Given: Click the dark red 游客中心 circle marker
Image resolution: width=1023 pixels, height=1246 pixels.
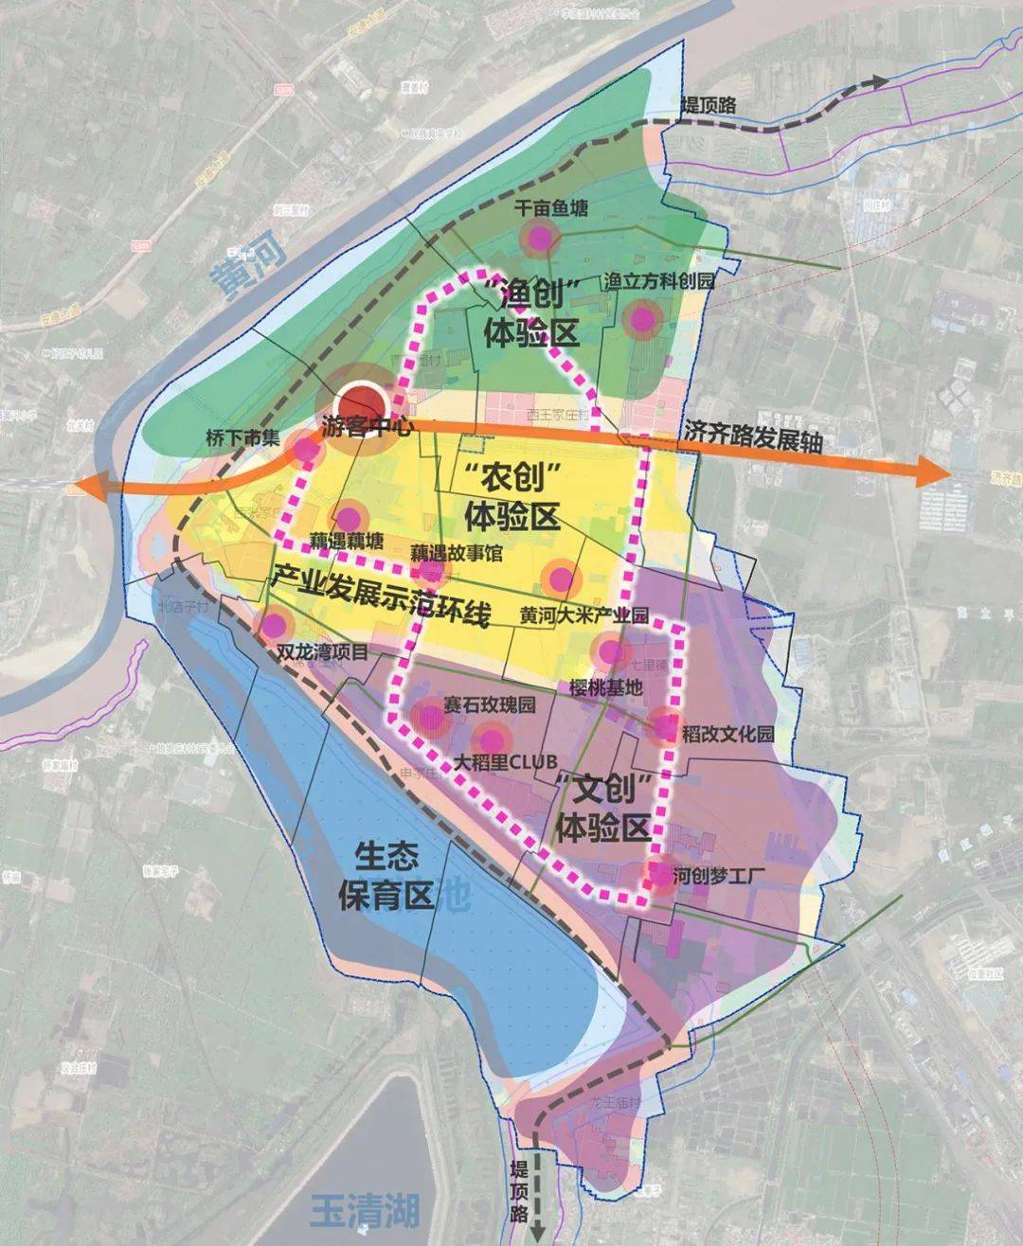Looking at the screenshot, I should tap(361, 402).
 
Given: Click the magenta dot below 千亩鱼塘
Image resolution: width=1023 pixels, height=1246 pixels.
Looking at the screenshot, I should tap(539, 240).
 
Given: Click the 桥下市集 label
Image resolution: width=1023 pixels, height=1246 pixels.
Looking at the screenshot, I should tap(243, 438).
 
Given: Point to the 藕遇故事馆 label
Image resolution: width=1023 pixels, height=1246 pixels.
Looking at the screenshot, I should tap(457, 552).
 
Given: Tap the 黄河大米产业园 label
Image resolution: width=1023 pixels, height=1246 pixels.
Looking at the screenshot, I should tap(583, 615).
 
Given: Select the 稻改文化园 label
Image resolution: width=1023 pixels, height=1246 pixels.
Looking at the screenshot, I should tap(727, 734).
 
